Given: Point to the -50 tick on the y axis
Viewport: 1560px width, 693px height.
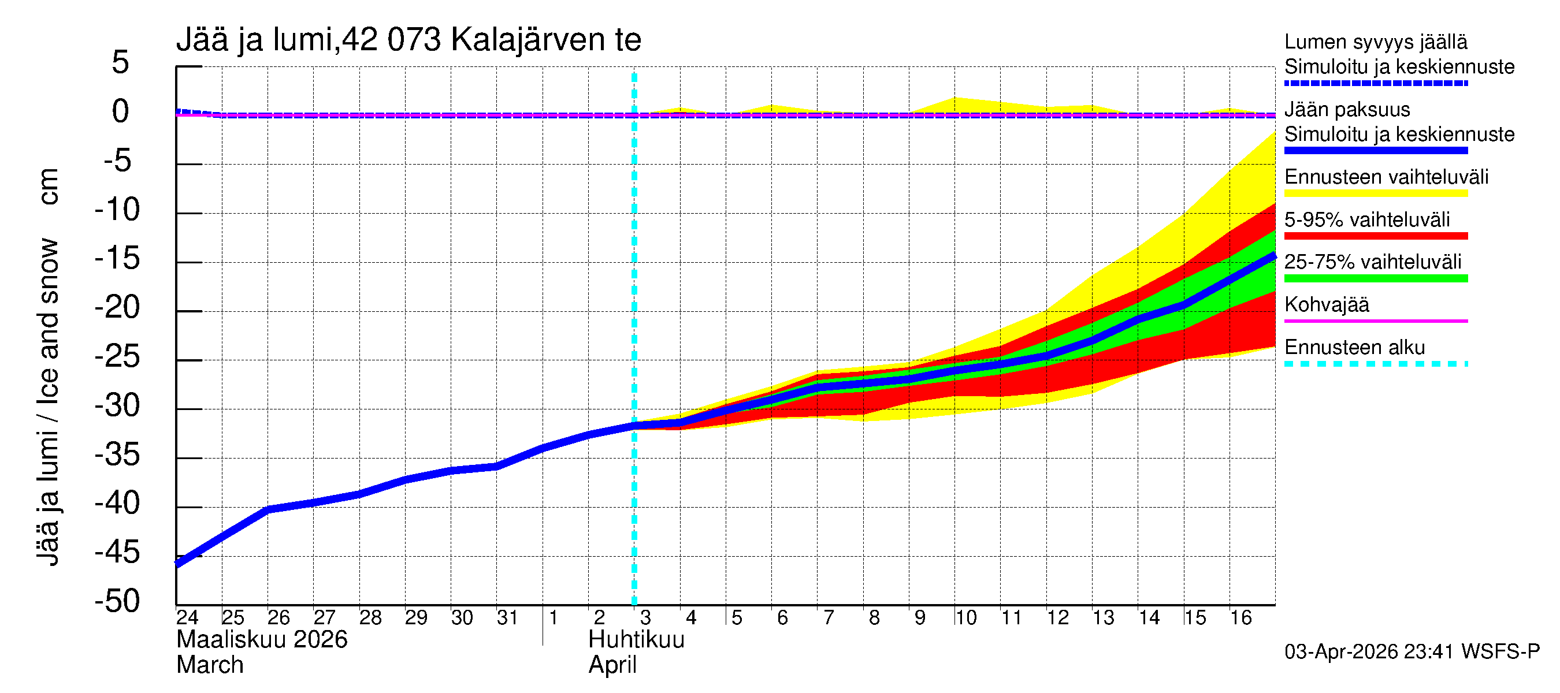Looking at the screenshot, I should [117, 602].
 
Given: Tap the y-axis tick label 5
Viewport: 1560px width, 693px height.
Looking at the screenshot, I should [121, 62].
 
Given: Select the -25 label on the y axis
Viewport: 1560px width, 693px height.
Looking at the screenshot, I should [117, 356].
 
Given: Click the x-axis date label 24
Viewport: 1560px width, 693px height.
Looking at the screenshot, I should [187, 618].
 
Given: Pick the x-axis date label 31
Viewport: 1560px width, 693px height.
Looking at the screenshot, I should [507, 618].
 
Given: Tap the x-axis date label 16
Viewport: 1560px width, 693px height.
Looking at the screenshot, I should [1240, 618].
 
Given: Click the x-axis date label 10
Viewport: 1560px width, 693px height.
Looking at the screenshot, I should [965, 618].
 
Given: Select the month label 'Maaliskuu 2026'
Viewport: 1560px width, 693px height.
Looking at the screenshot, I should [262, 640].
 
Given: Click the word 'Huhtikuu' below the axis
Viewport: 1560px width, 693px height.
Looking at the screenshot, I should [636, 640].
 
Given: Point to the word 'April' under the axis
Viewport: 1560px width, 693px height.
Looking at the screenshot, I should [612, 665].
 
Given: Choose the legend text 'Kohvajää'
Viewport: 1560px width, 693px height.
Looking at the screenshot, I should [1326, 304].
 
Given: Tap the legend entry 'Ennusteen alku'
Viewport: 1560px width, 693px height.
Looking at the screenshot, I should [1354, 348].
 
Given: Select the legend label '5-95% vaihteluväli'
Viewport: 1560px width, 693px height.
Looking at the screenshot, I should [1367, 219].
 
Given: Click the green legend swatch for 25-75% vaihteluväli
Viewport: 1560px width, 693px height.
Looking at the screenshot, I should [1375, 278].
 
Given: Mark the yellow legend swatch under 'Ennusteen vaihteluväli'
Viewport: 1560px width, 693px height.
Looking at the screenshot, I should [1375, 193].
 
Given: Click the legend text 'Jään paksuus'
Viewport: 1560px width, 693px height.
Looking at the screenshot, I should [1347, 110].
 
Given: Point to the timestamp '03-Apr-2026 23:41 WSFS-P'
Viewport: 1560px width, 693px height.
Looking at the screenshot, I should [1412, 652].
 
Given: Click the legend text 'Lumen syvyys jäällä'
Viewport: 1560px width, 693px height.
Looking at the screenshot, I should [1375, 42].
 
